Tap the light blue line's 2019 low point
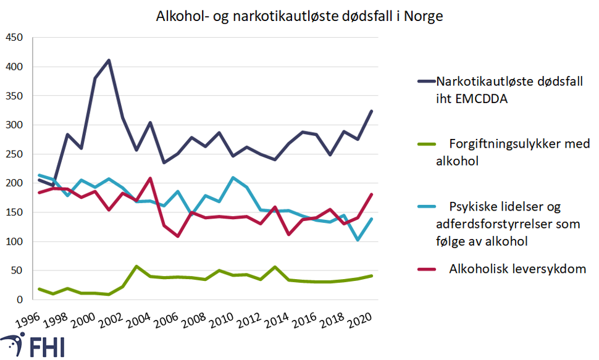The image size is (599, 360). [x=359, y=240]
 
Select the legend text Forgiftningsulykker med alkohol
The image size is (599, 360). [x=512, y=152]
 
